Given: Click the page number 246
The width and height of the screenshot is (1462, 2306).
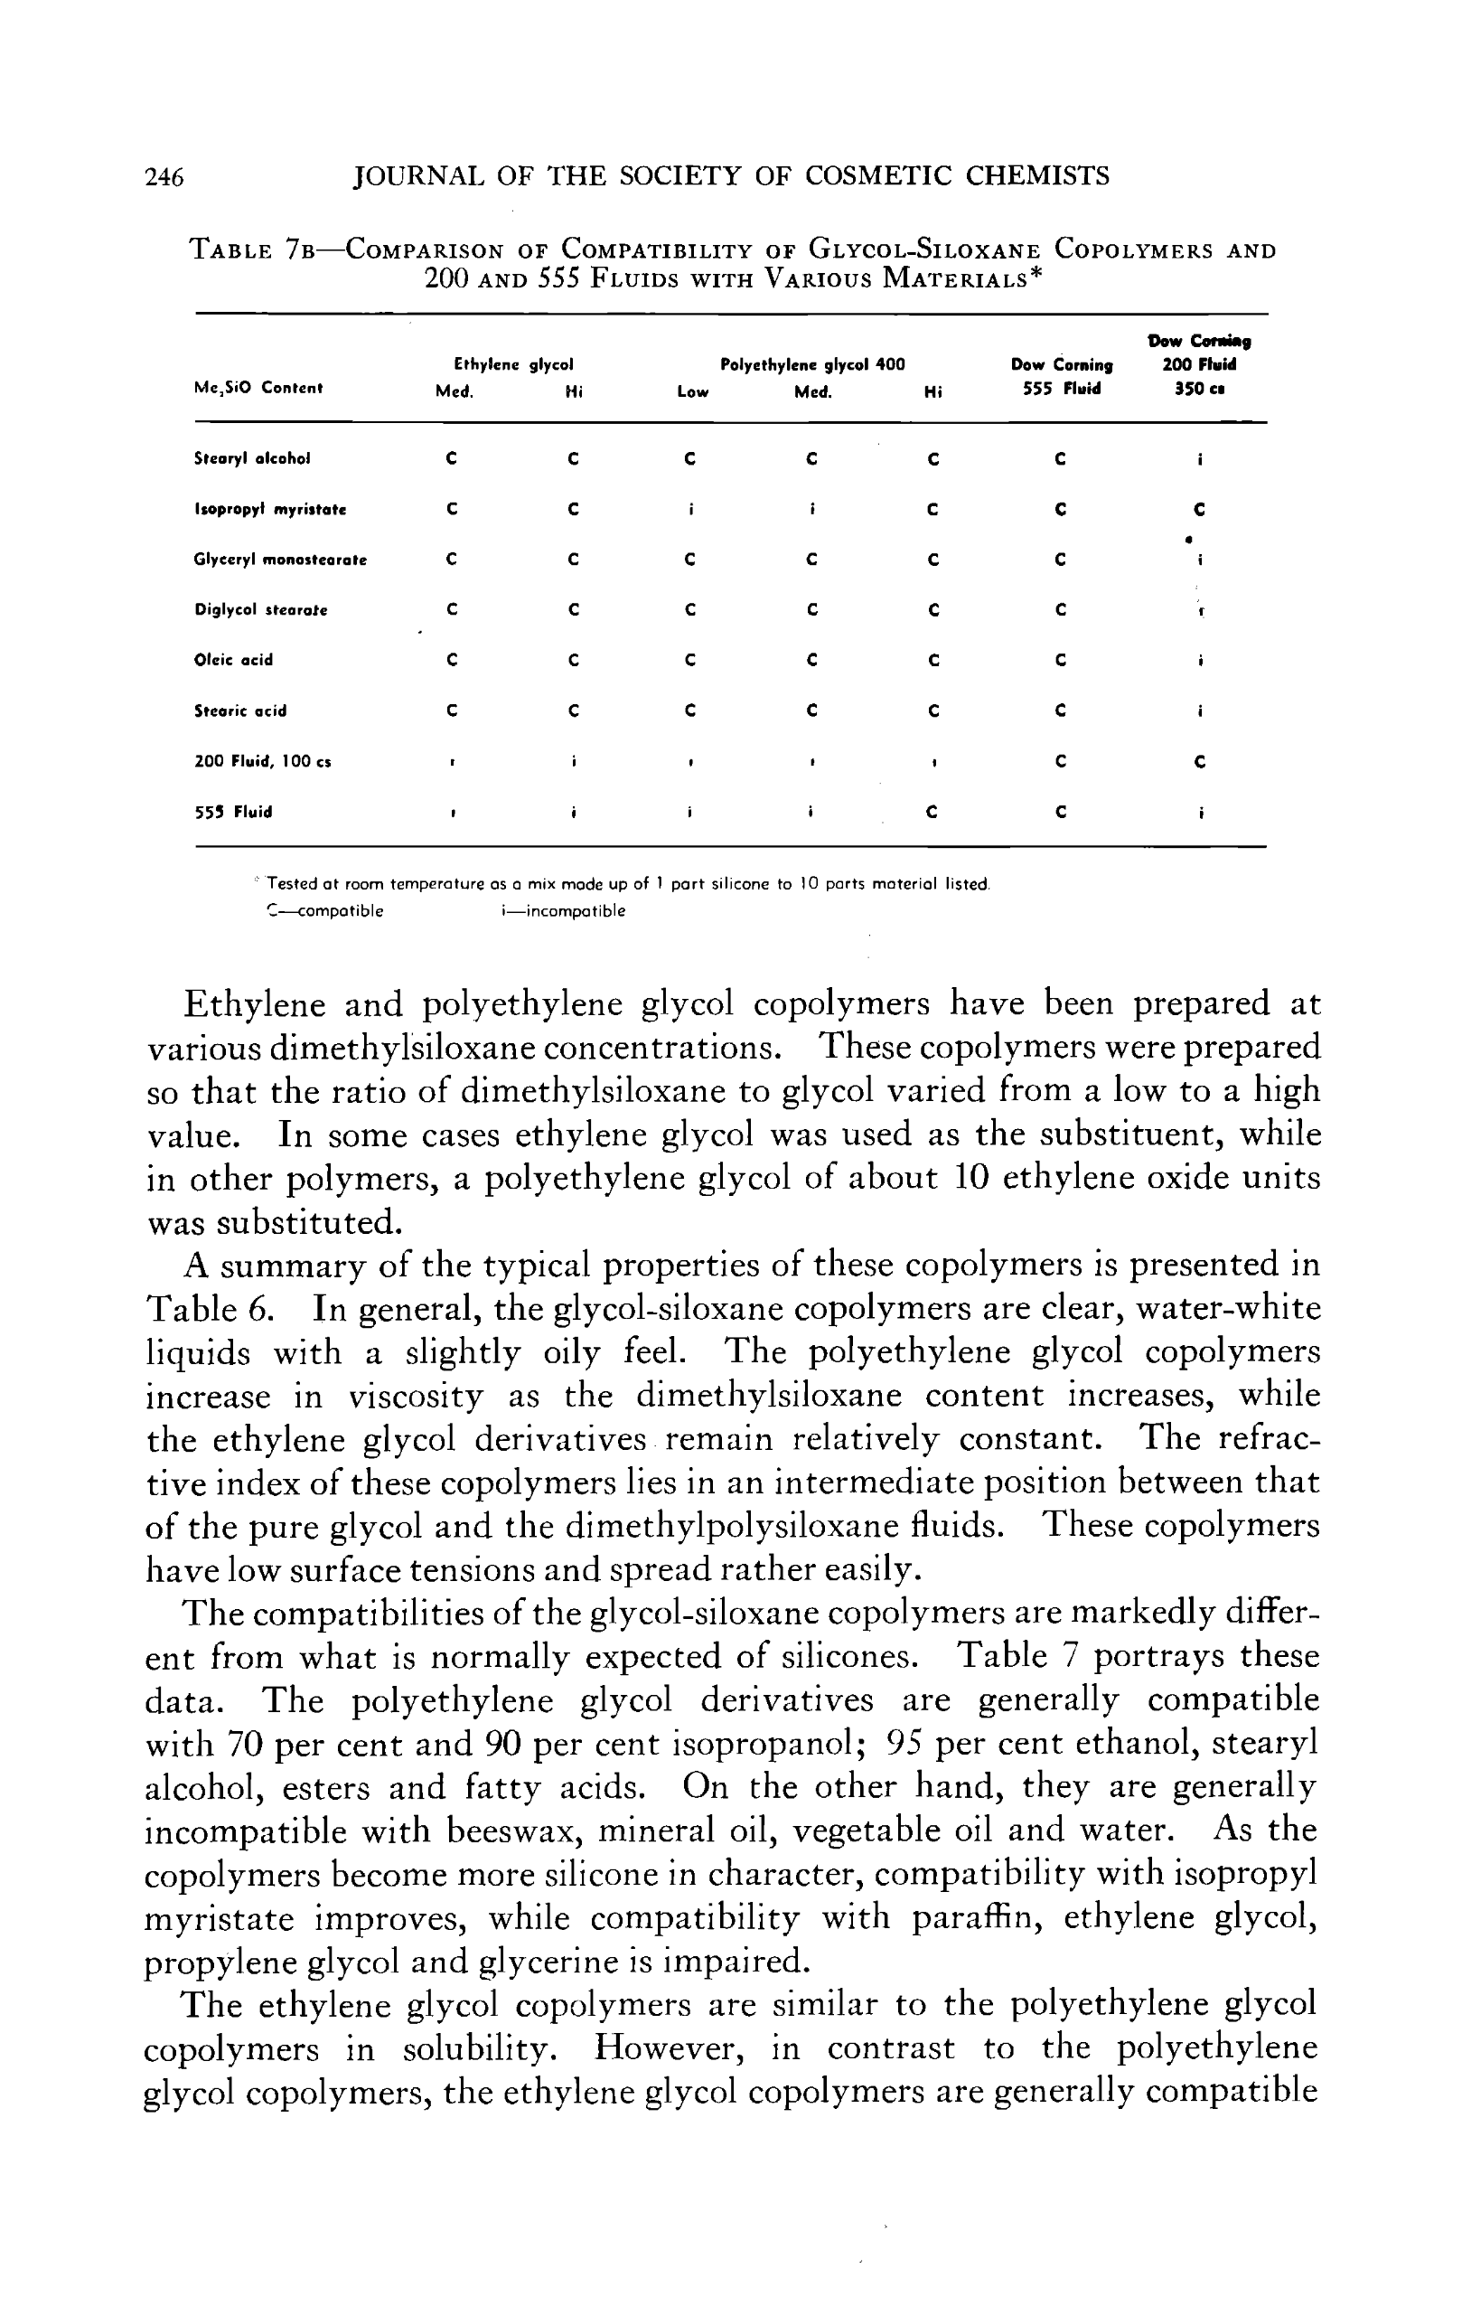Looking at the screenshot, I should click(164, 177).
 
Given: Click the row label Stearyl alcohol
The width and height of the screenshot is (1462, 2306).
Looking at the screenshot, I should click(252, 458).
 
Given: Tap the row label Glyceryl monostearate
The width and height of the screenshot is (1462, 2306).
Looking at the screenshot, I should click(279, 560).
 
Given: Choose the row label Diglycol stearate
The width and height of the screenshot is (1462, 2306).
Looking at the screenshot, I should click(260, 610).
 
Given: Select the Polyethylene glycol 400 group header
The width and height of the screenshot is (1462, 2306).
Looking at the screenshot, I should click(812, 365).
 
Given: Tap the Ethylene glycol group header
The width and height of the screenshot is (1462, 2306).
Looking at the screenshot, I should click(513, 365).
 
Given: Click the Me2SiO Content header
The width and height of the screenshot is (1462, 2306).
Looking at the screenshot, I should click(258, 388).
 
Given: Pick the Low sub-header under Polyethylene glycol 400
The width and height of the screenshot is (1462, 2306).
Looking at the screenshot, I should click(692, 391).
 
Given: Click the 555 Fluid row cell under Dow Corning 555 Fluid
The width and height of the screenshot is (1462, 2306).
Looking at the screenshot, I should click(1060, 812).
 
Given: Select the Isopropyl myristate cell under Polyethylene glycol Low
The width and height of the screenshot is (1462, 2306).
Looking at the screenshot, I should click(690, 510).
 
